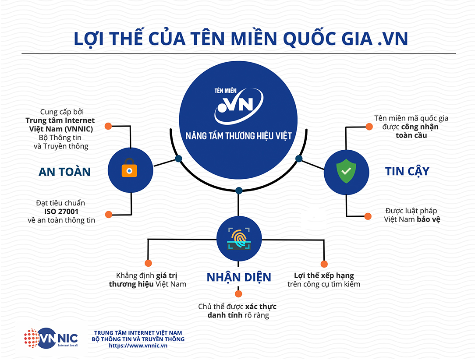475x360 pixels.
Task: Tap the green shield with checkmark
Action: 346,171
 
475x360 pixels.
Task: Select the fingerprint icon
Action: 239,239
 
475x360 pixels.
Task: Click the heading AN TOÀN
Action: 64,172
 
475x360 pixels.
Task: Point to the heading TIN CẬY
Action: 407,171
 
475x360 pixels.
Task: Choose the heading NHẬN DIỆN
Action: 239,277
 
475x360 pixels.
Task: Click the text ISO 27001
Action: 61,212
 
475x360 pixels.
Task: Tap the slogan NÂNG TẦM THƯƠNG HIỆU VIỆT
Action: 238,136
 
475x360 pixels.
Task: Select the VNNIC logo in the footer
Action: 51,338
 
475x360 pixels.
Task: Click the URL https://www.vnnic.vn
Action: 138,346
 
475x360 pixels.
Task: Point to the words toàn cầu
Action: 411,135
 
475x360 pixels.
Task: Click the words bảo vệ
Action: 429,219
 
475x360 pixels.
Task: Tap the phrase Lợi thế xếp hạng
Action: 324,275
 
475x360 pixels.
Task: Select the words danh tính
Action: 225,315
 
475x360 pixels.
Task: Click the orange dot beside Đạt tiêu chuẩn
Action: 108,214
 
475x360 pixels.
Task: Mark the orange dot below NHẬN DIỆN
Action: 238,294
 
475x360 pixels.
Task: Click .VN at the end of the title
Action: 393,39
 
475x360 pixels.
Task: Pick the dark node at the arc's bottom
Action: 239,191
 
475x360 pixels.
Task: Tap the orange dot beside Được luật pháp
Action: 368,216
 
